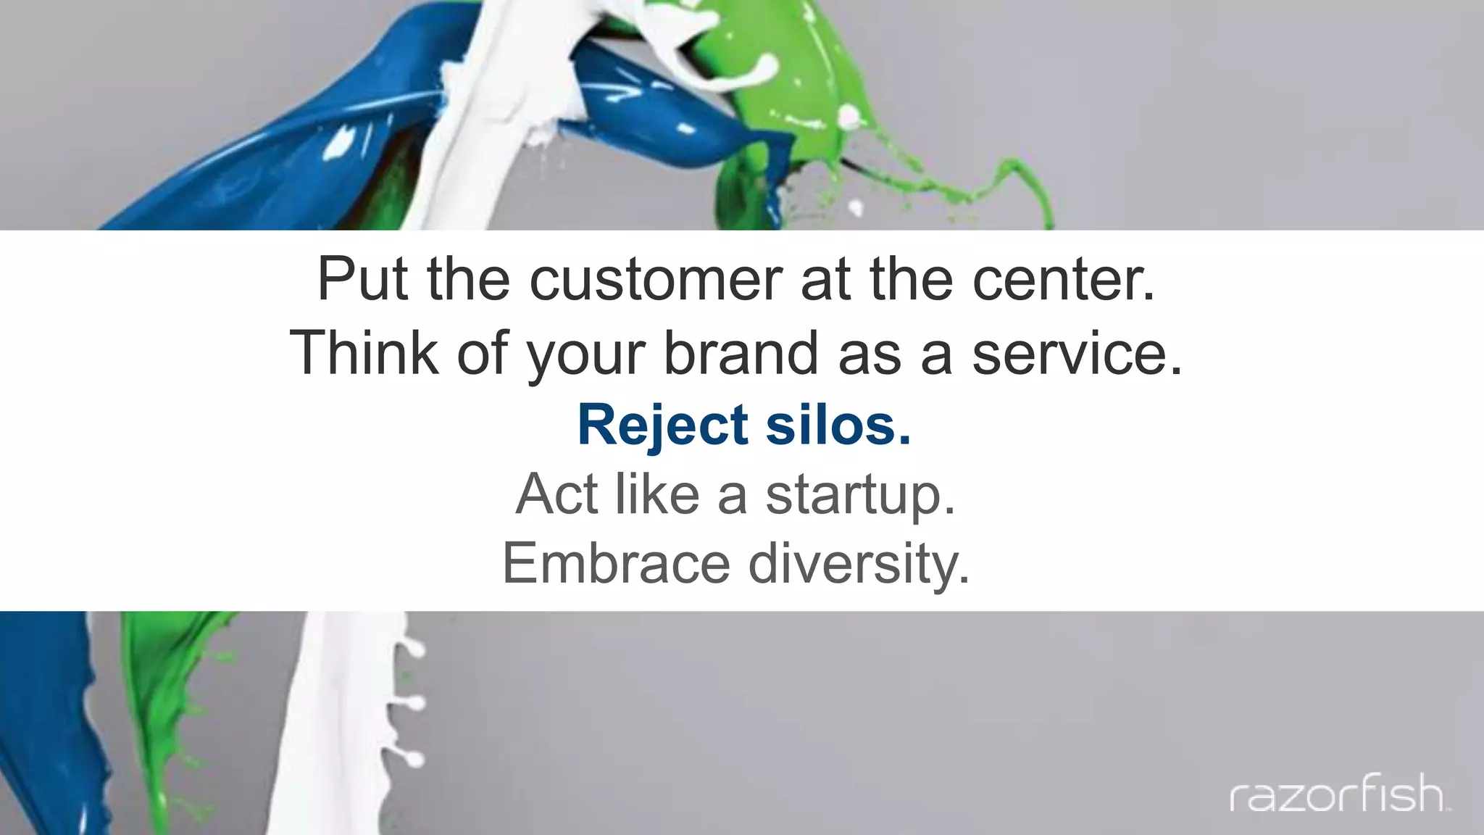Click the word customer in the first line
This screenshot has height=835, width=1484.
tap(656, 280)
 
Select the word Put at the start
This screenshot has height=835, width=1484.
tap(362, 280)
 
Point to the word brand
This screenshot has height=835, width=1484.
tap(741, 352)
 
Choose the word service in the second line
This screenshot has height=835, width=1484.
tap(1068, 352)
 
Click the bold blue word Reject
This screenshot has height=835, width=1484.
tap(662, 425)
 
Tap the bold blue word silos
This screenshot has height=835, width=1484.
tap(830, 425)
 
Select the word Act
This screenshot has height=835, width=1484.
tap(557, 494)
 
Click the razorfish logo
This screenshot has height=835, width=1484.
tap(1339, 793)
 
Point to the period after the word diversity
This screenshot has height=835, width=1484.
tap(963, 580)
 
